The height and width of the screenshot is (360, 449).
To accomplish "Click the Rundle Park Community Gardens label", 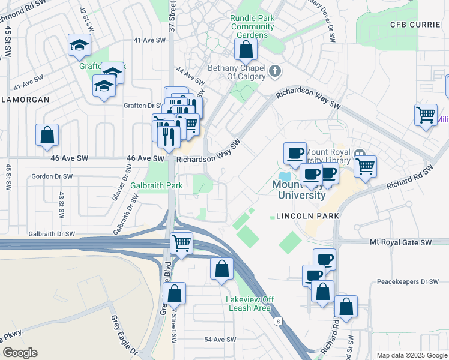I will tap(252, 27).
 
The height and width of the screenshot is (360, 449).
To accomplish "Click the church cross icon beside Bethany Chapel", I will tap(275, 72).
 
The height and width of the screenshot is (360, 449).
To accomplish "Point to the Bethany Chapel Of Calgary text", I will tap(237, 73).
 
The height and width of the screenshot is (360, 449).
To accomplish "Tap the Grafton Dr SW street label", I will tap(143, 106).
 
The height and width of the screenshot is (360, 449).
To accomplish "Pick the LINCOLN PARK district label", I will tap(308, 215).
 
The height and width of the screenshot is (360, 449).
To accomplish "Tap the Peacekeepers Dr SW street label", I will tap(408, 281).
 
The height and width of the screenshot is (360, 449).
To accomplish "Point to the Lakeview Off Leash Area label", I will tap(250, 304).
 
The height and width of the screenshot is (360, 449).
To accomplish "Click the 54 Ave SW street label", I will tap(218, 340).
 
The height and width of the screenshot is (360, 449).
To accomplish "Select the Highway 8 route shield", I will tap(278, 322).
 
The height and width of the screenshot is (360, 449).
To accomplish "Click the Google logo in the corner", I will tap(19, 353).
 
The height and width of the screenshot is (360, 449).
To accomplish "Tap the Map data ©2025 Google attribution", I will tap(412, 355).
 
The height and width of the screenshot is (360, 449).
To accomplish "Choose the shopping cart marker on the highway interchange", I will tap(181, 244).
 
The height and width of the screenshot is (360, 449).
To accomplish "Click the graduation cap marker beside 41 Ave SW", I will tap(79, 46).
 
